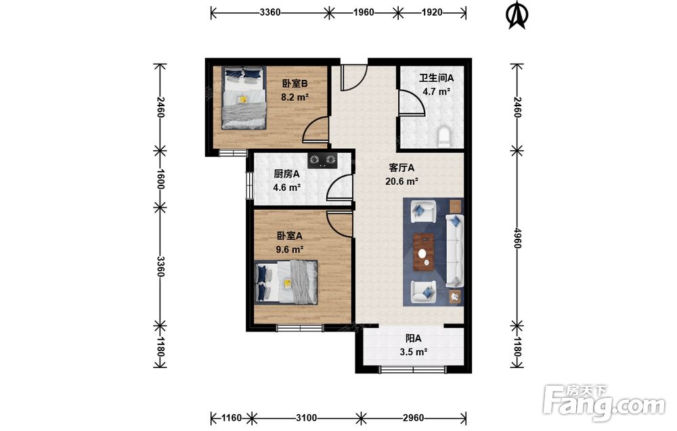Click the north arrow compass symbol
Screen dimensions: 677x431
pyautogui.click(x=517, y=15)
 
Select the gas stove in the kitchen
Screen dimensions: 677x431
pyautogui.click(x=322, y=160)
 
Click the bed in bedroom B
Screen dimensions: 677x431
pyautogui.click(x=244, y=97)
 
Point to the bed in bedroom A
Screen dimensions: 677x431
pyautogui.click(x=286, y=282)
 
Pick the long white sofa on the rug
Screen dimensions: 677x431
pyautogui.click(x=454, y=250)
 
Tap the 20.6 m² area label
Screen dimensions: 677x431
pyautogui.click(x=401, y=181)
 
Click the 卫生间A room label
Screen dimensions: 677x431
pyautogui.click(x=436, y=78)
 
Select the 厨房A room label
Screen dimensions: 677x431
pyautogui.click(x=286, y=174)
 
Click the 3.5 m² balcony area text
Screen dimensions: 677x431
pyautogui.click(x=414, y=352)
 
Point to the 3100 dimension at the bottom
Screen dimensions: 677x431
pyautogui.click(x=307, y=417)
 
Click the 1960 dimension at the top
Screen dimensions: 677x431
pyautogui.click(x=364, y=12)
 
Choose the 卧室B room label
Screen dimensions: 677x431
pyautogui.click(x=295, y=84)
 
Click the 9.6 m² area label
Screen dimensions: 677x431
pyautogui.click(x=290, y=250)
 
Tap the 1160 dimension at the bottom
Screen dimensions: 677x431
pyautogui.click(x=232, y=417)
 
